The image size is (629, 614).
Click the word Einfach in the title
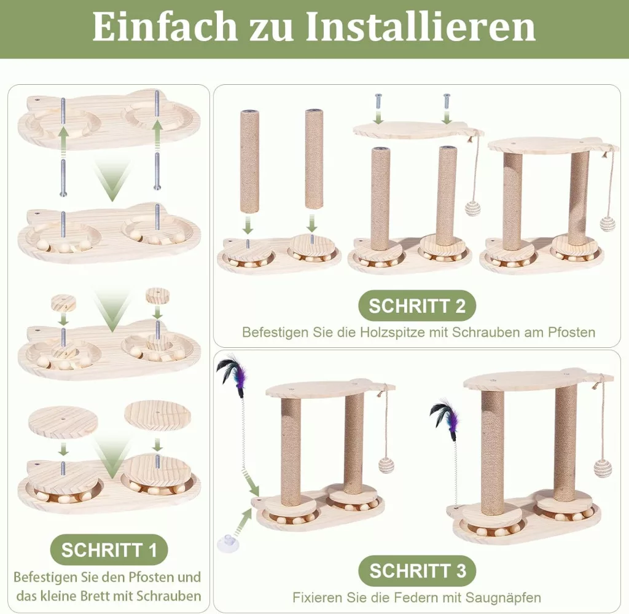[x=165, y=27]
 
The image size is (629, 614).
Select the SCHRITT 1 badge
[x=109, y=550]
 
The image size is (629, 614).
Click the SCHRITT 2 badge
[x=417, y=306]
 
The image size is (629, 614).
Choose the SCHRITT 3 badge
[x=417, y=570]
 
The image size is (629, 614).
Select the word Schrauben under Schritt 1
[x=168, y=596]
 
